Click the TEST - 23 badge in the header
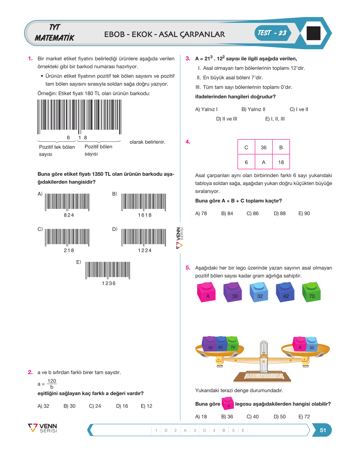pyautogui.click(x=273, y=33)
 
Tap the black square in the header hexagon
pyautogui.click(x=313, y=33)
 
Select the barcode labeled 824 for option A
pyautogui.click(x=67, y=202)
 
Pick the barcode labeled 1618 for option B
pyautogui.click(x=144, y=202)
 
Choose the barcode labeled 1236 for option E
pyautogui.click(x=108, y=270)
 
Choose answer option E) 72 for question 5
pyautogui.click(x=304, y=416)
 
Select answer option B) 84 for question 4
pyautogui.click(x=227, y=213)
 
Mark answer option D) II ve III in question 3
pyautogui.click(x=226, y=119)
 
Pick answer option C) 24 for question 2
pyautogui.click(x=95, y=406)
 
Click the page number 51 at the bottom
pyautogui.click(x=323, y=430)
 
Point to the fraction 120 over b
pyautogui.click(x=52, y=384)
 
